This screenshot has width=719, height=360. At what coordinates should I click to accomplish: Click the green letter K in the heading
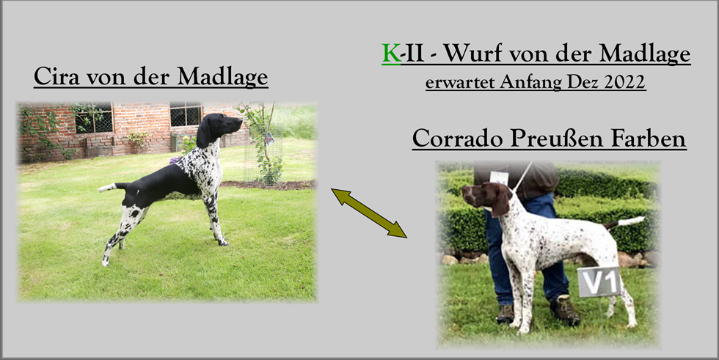[391, 54]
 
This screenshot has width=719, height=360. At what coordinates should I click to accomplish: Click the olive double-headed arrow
[369, 213]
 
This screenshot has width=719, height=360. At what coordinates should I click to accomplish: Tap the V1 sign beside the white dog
[599, 282]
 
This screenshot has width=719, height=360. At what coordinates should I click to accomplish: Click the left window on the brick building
[94, 118]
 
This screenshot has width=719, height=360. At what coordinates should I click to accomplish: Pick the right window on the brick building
[186, 114]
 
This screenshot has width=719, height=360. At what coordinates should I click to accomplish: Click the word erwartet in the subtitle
[459, 82]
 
